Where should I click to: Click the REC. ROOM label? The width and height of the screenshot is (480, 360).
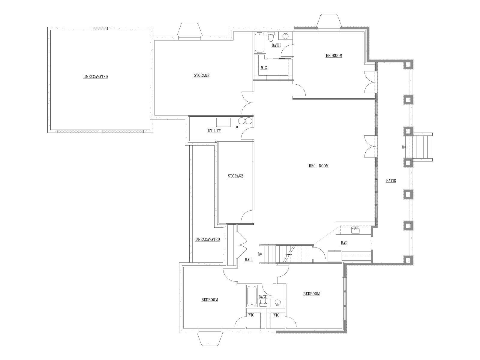(x=318, y=166)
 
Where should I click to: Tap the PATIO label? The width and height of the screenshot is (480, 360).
(x=391, y=181)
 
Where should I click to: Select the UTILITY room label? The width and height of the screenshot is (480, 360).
(x=214, y=131)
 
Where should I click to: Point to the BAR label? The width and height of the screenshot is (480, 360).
(x=344, y=243)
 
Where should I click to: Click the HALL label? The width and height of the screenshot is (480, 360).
(x=249, y=260)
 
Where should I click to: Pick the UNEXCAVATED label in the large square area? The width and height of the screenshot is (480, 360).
(x=96, y=77)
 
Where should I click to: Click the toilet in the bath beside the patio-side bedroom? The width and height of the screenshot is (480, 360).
(x=271, y=37)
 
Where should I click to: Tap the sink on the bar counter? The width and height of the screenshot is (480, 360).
(x=356, y=230)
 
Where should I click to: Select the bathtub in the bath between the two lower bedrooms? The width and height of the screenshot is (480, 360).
(x=252, y=296)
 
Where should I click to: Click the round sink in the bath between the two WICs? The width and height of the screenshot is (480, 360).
(x=278, y=302)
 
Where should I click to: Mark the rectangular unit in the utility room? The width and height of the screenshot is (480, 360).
(x=223, y=122)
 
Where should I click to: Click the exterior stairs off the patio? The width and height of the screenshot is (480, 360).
(x=419, y=147)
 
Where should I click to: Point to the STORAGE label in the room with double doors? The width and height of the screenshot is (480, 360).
(x=202, y=75)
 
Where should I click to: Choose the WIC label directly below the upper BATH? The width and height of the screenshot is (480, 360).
(x=264, y=68)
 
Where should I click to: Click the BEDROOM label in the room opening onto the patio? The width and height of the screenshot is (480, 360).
(x=334, y=55)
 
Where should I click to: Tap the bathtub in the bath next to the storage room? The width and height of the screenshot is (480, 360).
(x=259, y=43)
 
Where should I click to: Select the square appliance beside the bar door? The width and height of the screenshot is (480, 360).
(x=334, y=256)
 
